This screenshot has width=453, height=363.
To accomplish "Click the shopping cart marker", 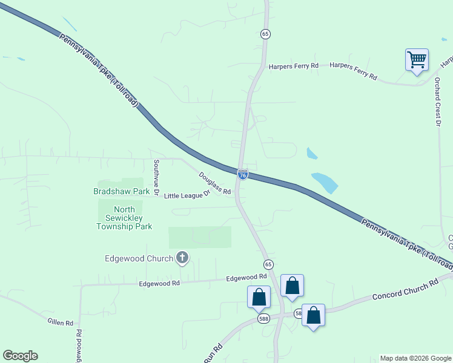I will tap(417, 60).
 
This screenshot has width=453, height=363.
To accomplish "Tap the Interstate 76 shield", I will tap(242, 175).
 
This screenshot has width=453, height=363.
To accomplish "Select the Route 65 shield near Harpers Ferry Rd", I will tap(265, 34).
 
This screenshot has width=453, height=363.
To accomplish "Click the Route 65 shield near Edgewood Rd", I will tap(267, 264).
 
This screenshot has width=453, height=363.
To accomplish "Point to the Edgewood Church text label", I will tap(139, 259).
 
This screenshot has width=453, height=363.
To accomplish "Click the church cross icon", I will tap(182, 258).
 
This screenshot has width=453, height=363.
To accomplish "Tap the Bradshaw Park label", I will tap(121, 191).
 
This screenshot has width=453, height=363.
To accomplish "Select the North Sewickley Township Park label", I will tap(124, 218).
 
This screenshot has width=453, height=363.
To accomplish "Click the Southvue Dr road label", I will tap(156, 177).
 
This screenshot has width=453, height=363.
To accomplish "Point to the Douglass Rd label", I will tap(215, 183).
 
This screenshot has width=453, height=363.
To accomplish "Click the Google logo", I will tap(20, 356).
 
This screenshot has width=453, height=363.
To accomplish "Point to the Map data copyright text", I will tap(415, 358).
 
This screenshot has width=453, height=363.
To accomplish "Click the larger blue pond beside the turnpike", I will tap(325, 182).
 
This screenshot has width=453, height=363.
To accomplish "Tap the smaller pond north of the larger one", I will tap(312, 153).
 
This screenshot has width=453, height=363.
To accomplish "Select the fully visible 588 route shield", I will tap(263, 318).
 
